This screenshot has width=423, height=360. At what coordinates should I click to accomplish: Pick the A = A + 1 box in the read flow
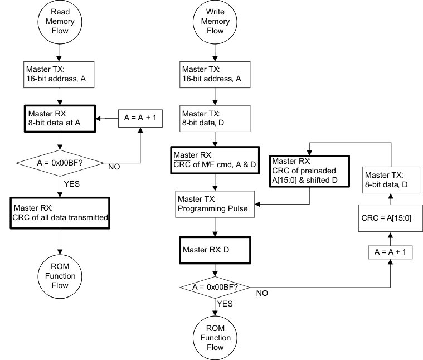pos(140,119)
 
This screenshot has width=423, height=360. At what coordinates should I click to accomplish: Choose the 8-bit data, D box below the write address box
pos(215,119)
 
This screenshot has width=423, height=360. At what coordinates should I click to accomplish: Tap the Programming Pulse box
pos(215,204)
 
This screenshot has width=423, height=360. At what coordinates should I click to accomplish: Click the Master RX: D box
pos(215,250)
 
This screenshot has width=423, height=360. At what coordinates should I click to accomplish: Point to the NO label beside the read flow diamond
pos(114,166)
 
